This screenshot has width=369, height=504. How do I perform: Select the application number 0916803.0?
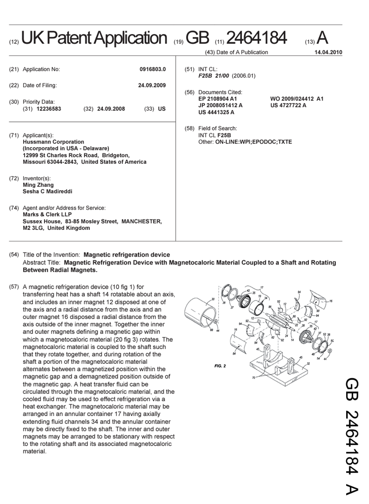click(x=152, y=69)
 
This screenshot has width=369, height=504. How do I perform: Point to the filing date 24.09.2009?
click(x=152, y=85)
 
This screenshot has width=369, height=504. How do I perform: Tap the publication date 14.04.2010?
click(x=328, y=52)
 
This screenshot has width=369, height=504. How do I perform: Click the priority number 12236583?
click(x=49, y=109)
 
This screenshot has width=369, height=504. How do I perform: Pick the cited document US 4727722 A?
click(x=288, y=105)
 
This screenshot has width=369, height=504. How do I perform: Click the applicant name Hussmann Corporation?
click(x=53, y=142)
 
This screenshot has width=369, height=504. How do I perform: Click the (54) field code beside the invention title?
click(x=14, y=255)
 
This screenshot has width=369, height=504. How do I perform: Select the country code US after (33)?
click(x=162, y=109)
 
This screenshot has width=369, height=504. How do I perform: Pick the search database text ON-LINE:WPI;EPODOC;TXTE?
click(x=253, y=142)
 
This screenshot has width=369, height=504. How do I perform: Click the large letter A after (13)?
click(x=322, y=38)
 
